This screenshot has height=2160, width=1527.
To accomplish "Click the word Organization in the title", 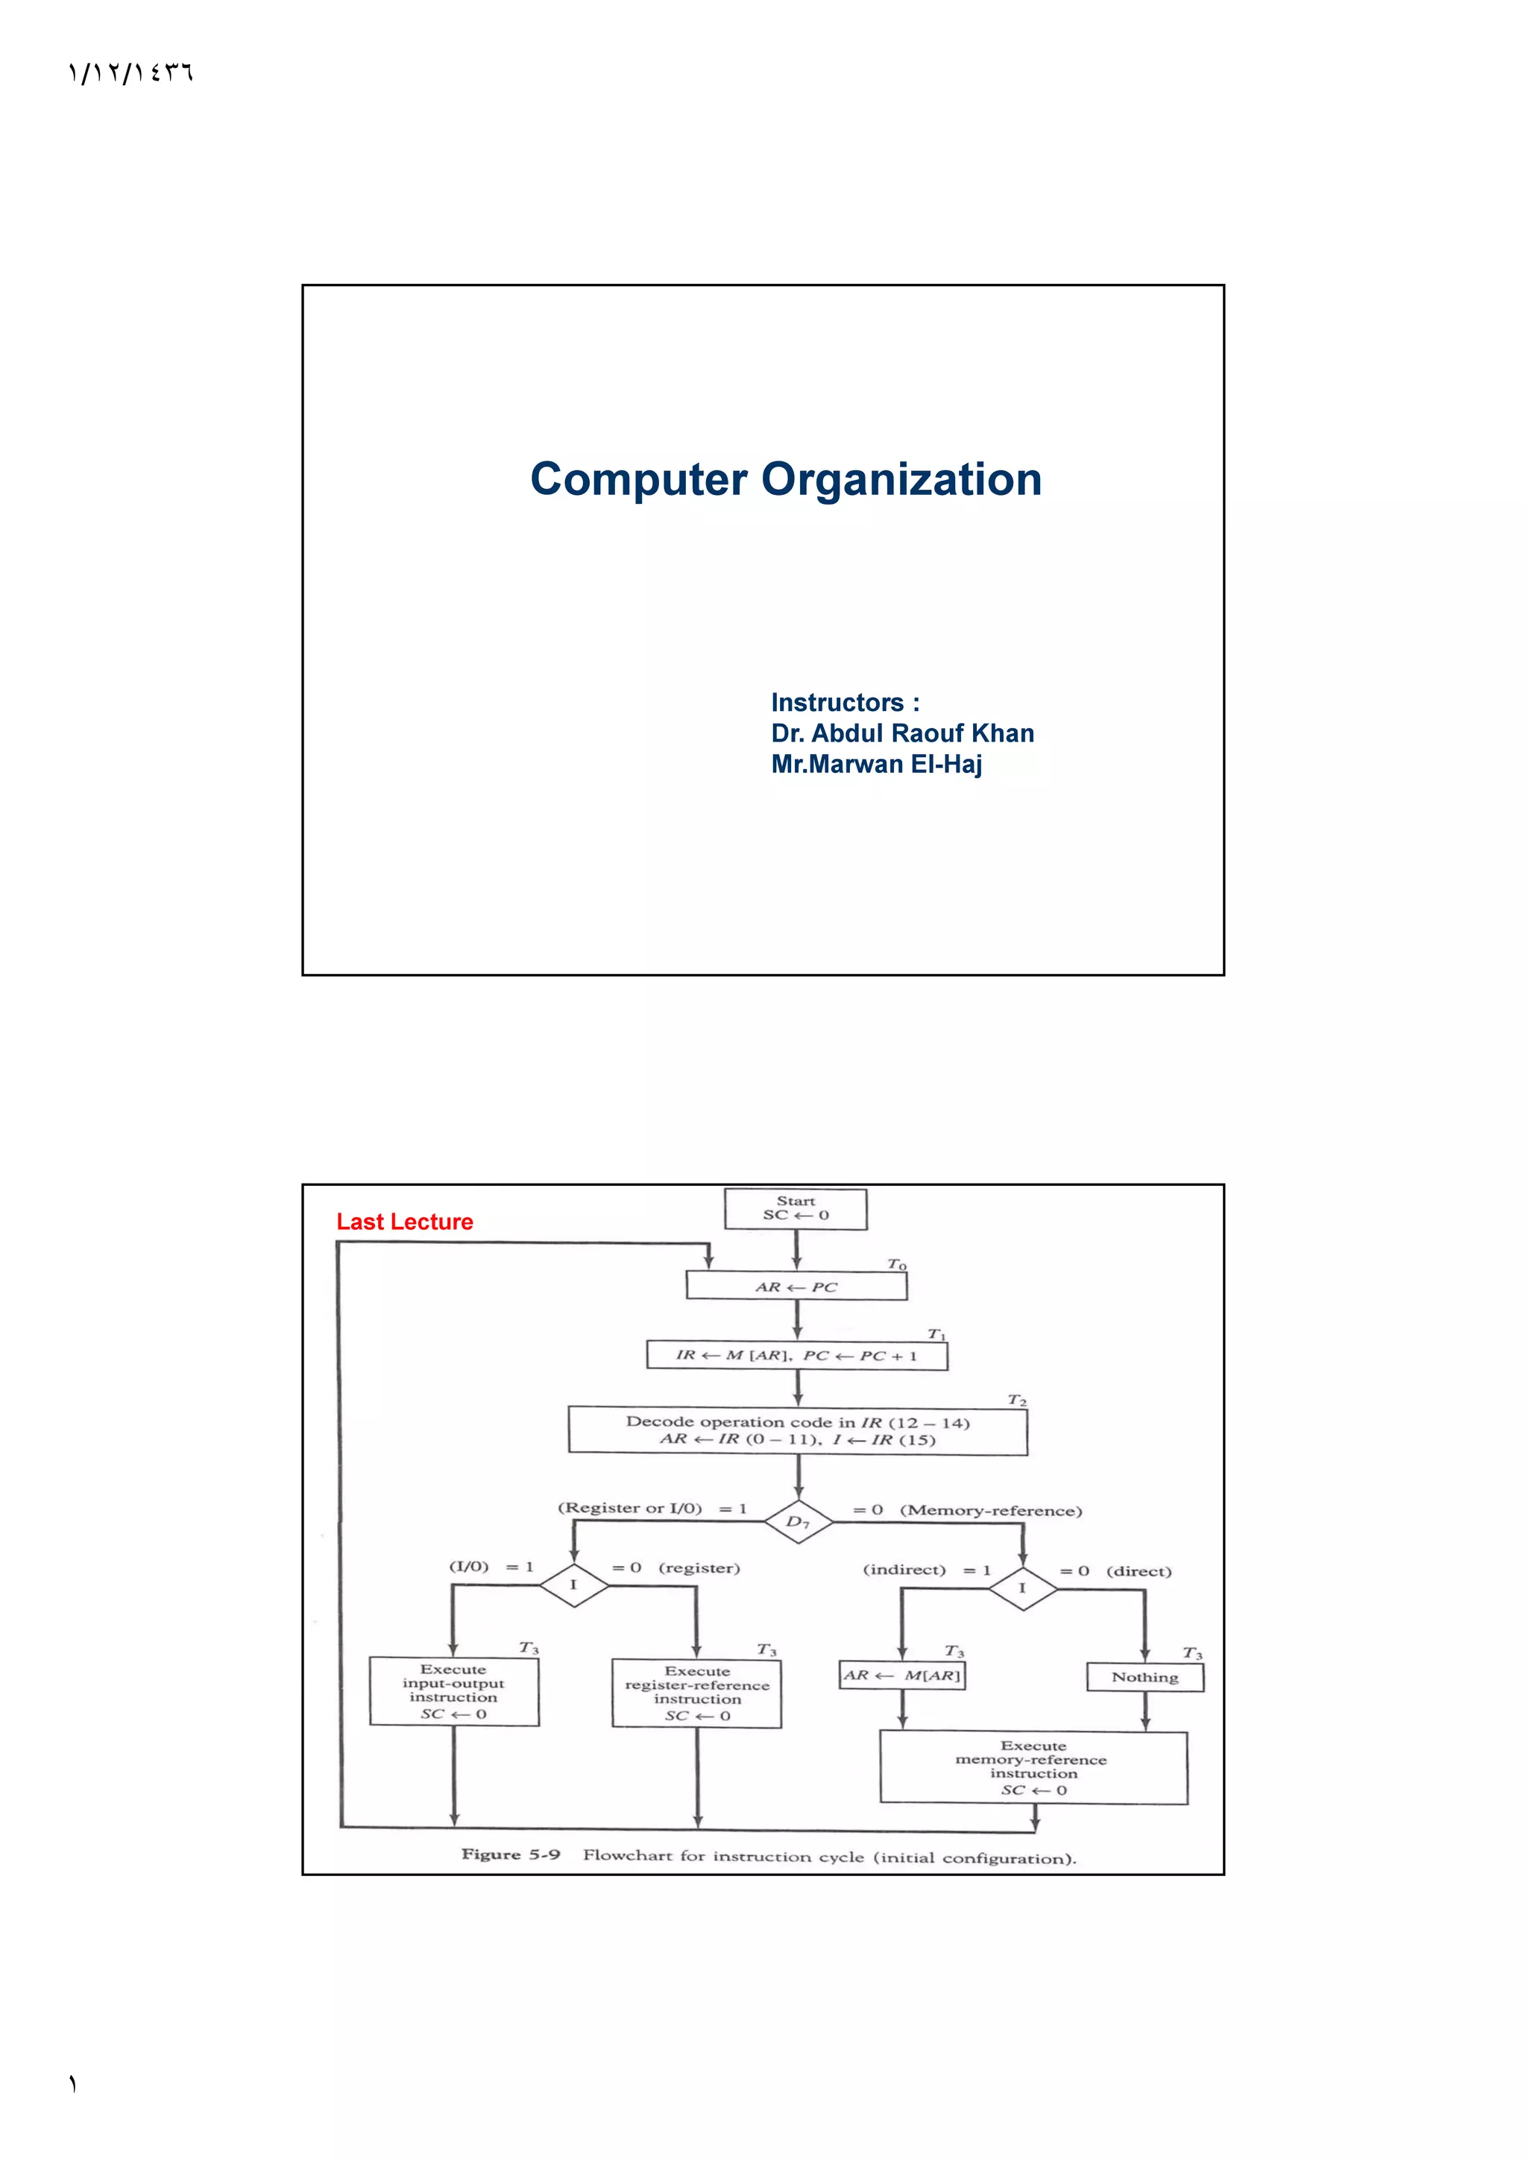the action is tap(901, 480).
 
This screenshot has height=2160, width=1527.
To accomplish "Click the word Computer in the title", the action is tap(639, 480).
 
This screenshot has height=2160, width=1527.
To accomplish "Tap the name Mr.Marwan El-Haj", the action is tap(876, 764).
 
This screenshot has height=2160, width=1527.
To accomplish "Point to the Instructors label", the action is tap(845, 703).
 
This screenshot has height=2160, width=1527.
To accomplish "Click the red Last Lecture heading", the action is tap(405, 1222).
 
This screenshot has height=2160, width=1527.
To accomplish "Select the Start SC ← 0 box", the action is tap(795, 1209).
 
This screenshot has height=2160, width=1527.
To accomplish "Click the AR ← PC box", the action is tap(796, 1286).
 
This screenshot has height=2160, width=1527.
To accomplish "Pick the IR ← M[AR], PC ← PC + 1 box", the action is tap(796, 1356).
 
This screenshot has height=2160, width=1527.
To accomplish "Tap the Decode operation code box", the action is tap(797, 1430).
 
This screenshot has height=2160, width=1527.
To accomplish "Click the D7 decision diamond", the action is tap(798, 1521).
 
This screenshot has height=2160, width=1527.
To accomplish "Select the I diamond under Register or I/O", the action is tap(573, 1585).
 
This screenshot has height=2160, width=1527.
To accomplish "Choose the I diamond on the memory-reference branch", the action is tap(1021, 1588).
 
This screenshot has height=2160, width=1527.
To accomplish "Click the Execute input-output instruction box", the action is tap(453, 1690).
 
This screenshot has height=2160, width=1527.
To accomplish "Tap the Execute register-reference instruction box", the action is tap(696, 1693).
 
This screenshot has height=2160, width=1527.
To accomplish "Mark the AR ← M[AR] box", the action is tap(901, 1676).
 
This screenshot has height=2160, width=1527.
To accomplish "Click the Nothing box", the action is tap(1144, 1677).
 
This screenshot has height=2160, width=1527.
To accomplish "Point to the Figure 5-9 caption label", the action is tap(510, 1854).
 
